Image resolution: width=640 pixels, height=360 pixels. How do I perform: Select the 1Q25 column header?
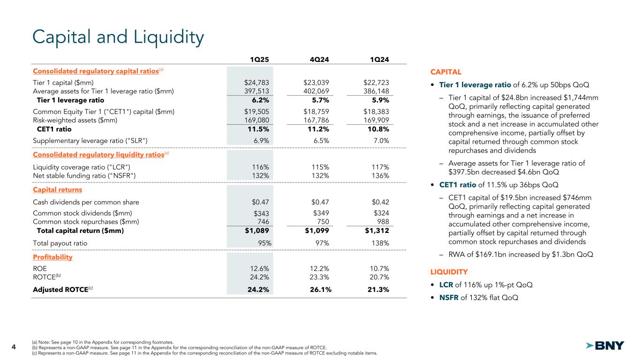click(x=259, y=59)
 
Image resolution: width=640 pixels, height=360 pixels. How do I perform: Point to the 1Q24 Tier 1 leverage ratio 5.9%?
click(x=379, y=100)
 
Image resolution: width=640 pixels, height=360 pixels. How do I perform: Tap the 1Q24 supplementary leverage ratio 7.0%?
click(x=380, y=140)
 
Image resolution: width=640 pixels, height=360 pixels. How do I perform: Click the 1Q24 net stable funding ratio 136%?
click(x=380, y=175)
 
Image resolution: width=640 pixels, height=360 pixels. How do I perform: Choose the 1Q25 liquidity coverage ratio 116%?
click(x=260, y=167)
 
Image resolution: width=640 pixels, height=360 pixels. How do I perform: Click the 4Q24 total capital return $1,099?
click(x=316, y=231)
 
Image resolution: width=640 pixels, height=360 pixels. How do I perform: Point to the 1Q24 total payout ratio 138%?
click(x=379, y=243)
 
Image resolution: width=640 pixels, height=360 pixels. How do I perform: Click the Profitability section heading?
click(x=53, y=257)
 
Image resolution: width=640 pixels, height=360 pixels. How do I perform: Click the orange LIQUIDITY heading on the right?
click(x=449, y=272)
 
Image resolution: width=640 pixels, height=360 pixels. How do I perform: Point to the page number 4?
click(x=14, y=347)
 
